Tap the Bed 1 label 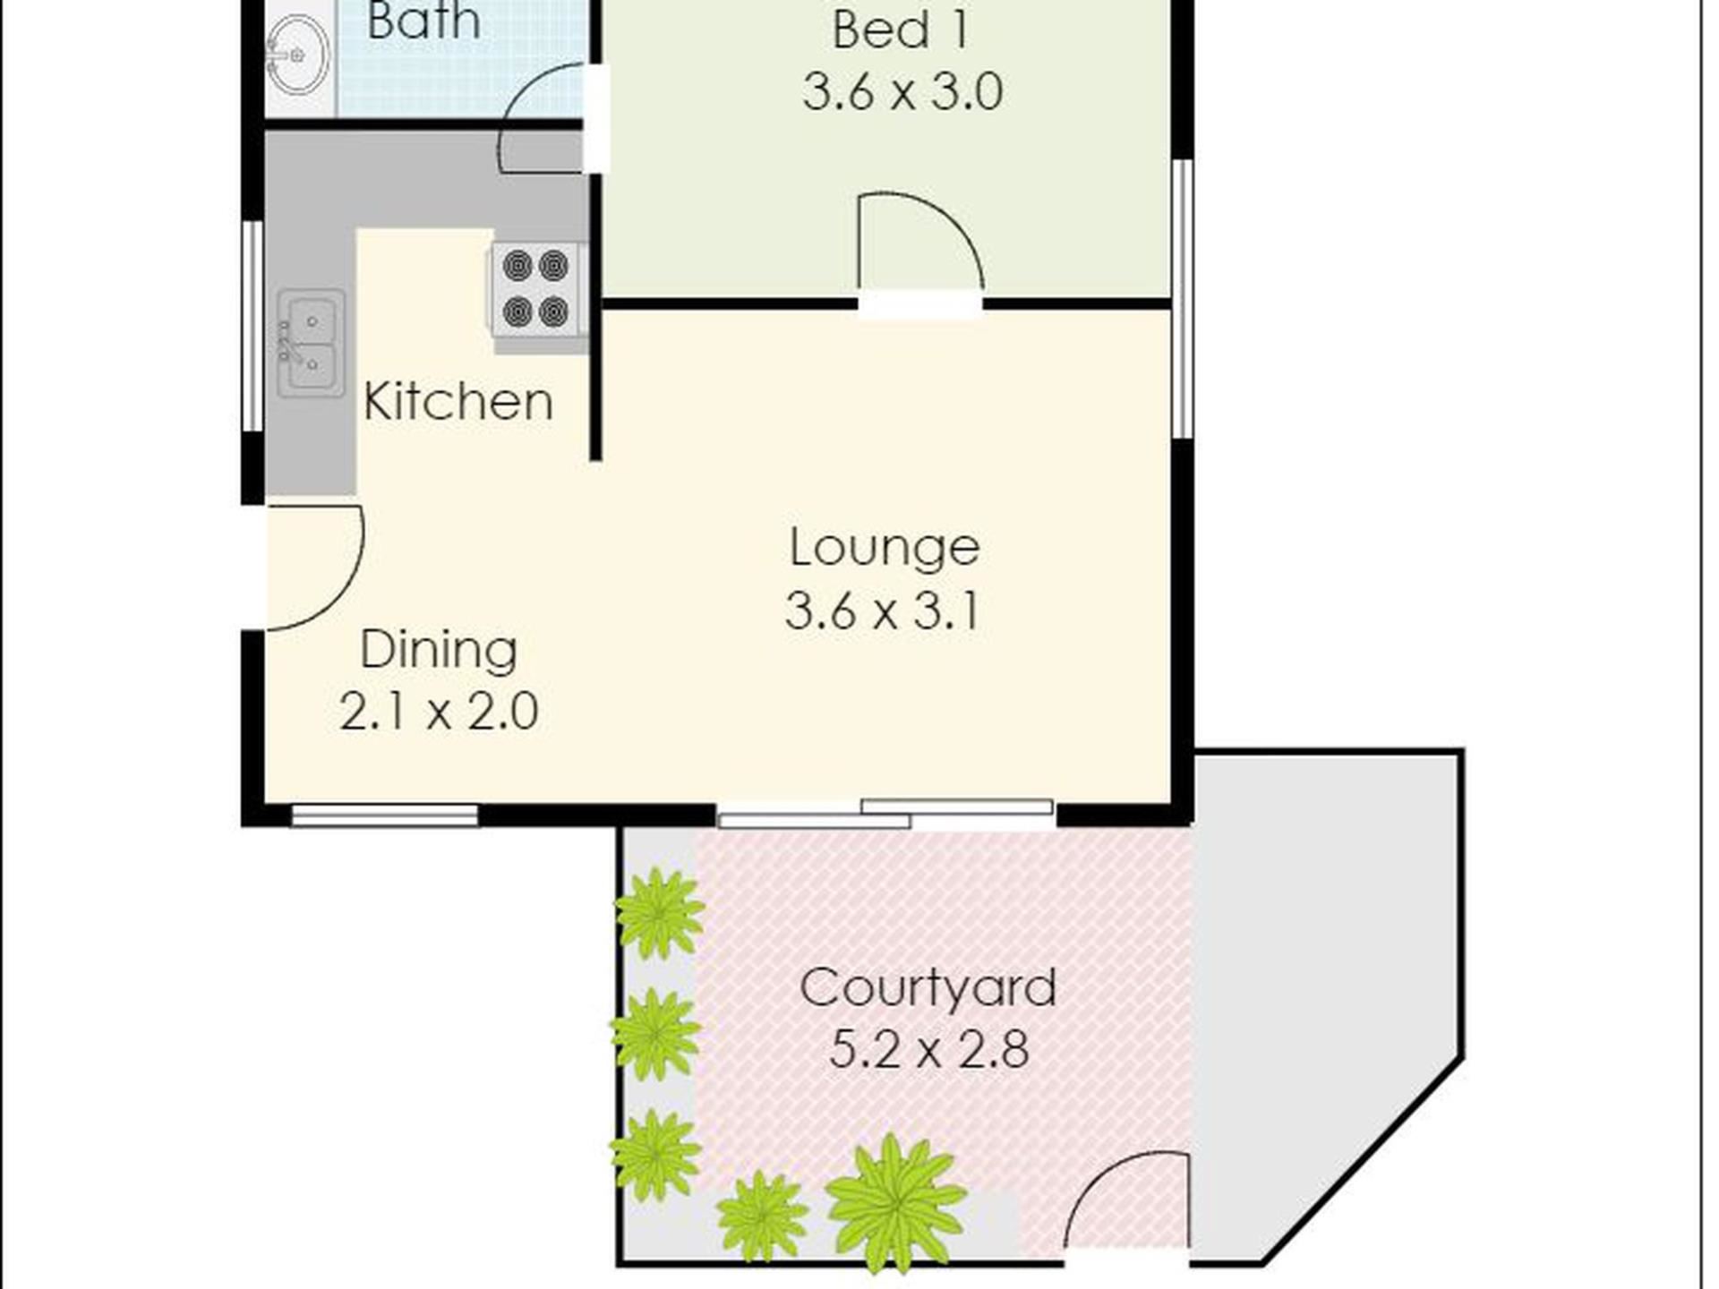point(901,30)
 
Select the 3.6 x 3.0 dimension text point(902,91)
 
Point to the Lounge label point(885,548)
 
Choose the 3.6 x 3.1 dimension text point(883,611)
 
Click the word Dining point(439,650)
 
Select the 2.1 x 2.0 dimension point(439,712)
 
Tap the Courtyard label point(928,988)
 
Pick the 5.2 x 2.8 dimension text point(928,1049)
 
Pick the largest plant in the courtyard point(894,1202)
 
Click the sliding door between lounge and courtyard point(885,814)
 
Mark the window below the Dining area point(384,815)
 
